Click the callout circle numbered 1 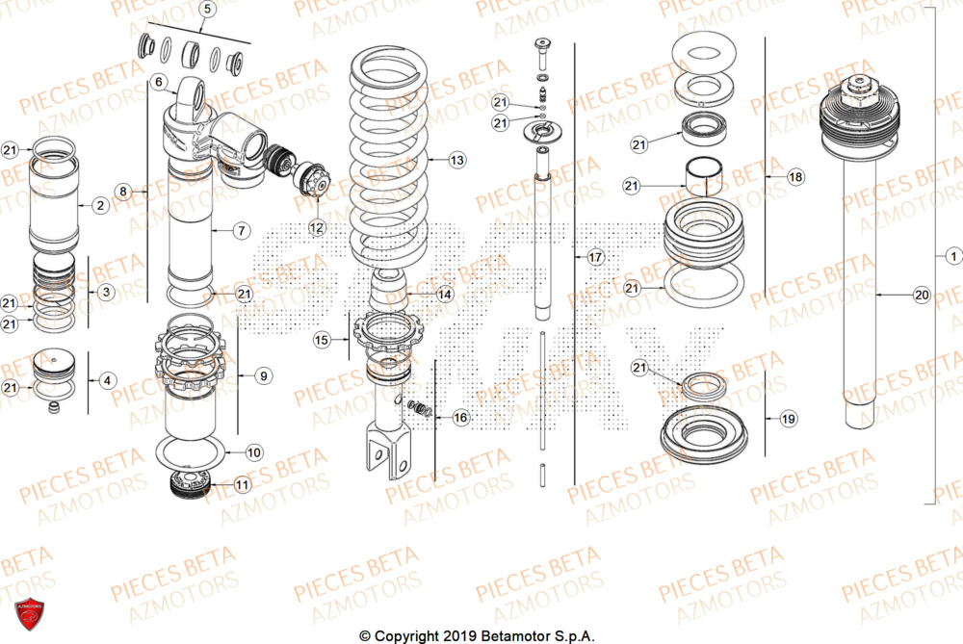(952, 256)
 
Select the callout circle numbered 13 (455, 159)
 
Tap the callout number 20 (921, 296)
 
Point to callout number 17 (594, 257)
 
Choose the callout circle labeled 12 (317, 227)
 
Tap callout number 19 (788, 419)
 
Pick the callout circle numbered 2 (99, 205)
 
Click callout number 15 (322, 340)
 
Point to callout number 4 (107, 380)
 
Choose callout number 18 (794, 177)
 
